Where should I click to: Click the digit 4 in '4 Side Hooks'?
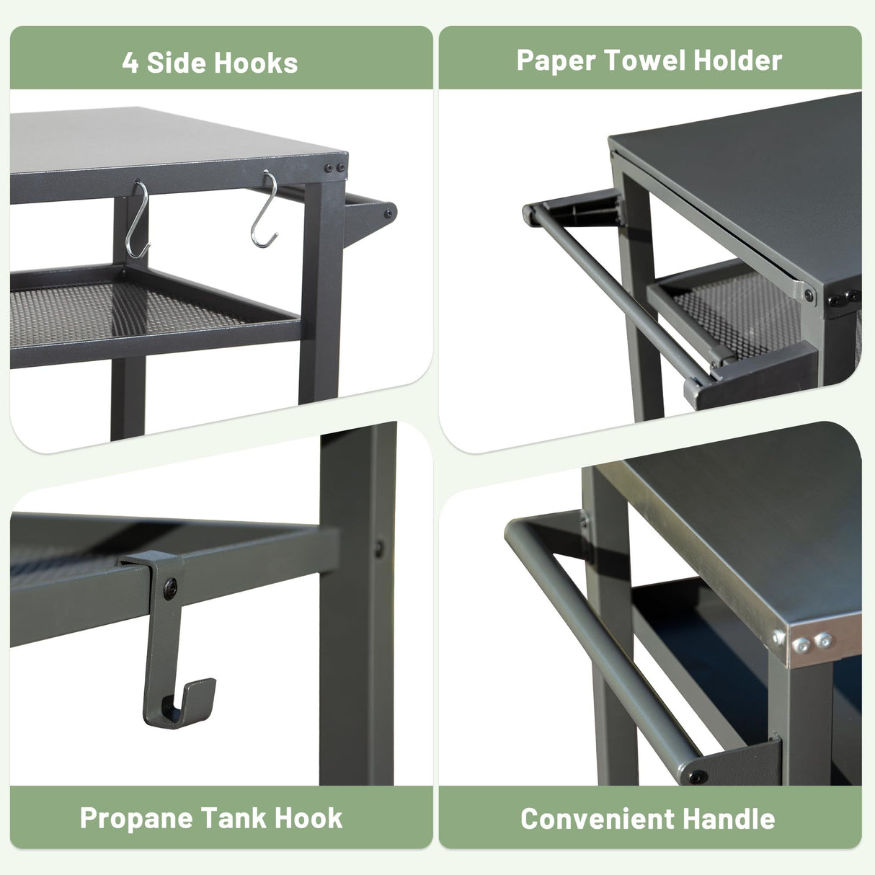[130, 63]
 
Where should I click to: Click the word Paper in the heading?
[556, 61]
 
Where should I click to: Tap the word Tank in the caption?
[234, 818]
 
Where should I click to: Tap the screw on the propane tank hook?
[170, 589]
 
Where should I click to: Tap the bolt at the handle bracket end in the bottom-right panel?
[698, 778]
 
